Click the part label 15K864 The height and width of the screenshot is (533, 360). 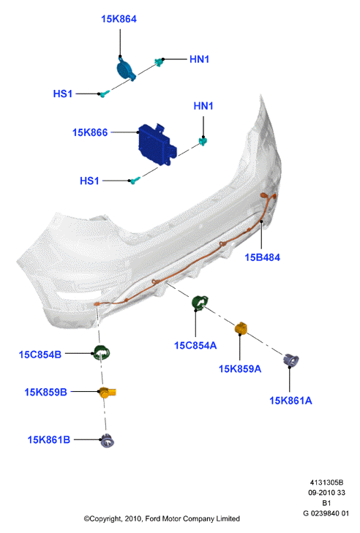[119, 19]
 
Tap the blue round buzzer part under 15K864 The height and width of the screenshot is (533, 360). [126, 69]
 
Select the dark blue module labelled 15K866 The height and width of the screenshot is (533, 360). [157, 144]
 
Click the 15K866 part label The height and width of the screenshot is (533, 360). [90, 132]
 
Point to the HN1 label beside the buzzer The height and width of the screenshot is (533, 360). [199, 59]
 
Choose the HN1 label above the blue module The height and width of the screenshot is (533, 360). [203, 106]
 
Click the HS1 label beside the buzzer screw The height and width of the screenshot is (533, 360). [63, 94]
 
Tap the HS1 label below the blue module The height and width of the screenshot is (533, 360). [89, 181]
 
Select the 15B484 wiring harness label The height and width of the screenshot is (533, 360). [263, 257]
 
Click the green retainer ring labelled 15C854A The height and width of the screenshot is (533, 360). [199, 303]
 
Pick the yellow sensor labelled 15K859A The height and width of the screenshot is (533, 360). [241, 328]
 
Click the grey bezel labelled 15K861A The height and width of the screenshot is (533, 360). [291, 360]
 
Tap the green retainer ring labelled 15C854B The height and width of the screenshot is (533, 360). [102, 353]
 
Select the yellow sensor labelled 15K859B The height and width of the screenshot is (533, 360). [108, 393]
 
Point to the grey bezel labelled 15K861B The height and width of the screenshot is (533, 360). [107, 441]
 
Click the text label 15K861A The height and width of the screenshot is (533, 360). [290, 401]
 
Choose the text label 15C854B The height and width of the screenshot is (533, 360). [40, 355]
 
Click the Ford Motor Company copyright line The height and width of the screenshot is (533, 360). [162, 518]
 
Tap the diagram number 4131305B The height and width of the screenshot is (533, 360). [326, 483]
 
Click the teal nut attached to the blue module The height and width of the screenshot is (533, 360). [203, 140]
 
